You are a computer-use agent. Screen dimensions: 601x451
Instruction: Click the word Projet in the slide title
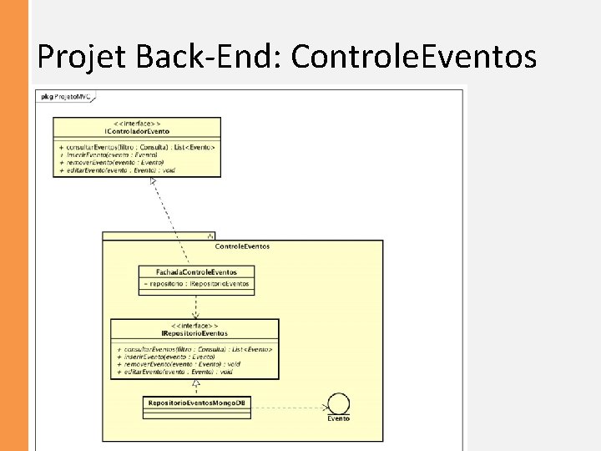pos(79,56)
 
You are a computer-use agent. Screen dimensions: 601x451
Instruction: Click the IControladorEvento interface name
pos(137,132)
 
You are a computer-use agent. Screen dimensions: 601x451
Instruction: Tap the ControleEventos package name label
pos(242,246)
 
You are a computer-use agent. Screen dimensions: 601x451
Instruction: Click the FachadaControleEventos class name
pos(196,272)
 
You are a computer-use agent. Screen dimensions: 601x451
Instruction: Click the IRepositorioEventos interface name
pos(194,333)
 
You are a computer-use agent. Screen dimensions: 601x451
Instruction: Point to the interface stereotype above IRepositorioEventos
pos(194,326)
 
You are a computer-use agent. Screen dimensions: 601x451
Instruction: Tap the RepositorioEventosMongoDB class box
pos(197,403)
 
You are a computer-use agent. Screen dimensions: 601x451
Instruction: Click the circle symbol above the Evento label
pos(338,403)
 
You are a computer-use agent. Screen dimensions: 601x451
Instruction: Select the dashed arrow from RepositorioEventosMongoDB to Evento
pos(288,408)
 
